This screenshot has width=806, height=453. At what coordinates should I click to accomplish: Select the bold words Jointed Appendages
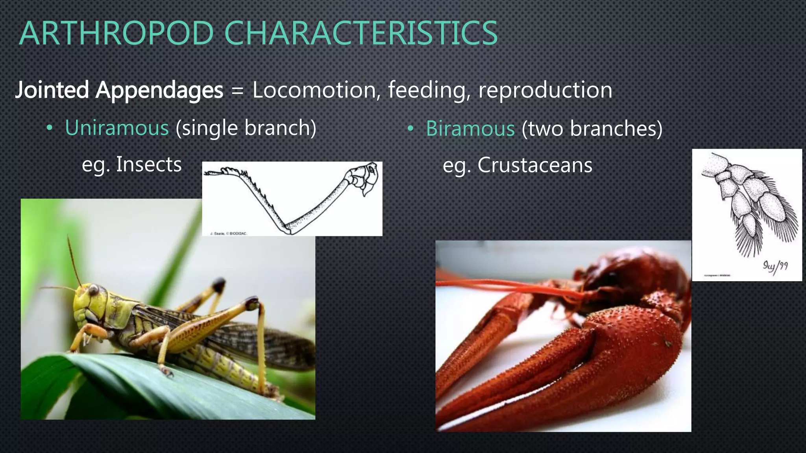click(119, 90)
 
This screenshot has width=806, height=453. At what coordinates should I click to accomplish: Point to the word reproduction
click(545, 90)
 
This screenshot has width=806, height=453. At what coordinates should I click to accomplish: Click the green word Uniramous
click(117, 128)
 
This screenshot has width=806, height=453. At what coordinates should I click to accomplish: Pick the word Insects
click(149, 164)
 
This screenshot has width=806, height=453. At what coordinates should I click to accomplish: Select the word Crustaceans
click(534, 165)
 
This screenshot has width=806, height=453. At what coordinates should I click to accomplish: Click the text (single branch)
click(246, 128)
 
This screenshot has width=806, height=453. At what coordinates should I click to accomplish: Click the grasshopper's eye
click(94, 290)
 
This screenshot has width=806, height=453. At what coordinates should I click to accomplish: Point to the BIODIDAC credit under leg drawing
click(229, 234)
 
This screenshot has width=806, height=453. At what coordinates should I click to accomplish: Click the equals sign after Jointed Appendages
click(237, 91)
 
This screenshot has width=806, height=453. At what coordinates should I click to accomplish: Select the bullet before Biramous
click(410, 129)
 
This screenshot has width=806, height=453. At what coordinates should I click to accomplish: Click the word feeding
click(429, 90)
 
